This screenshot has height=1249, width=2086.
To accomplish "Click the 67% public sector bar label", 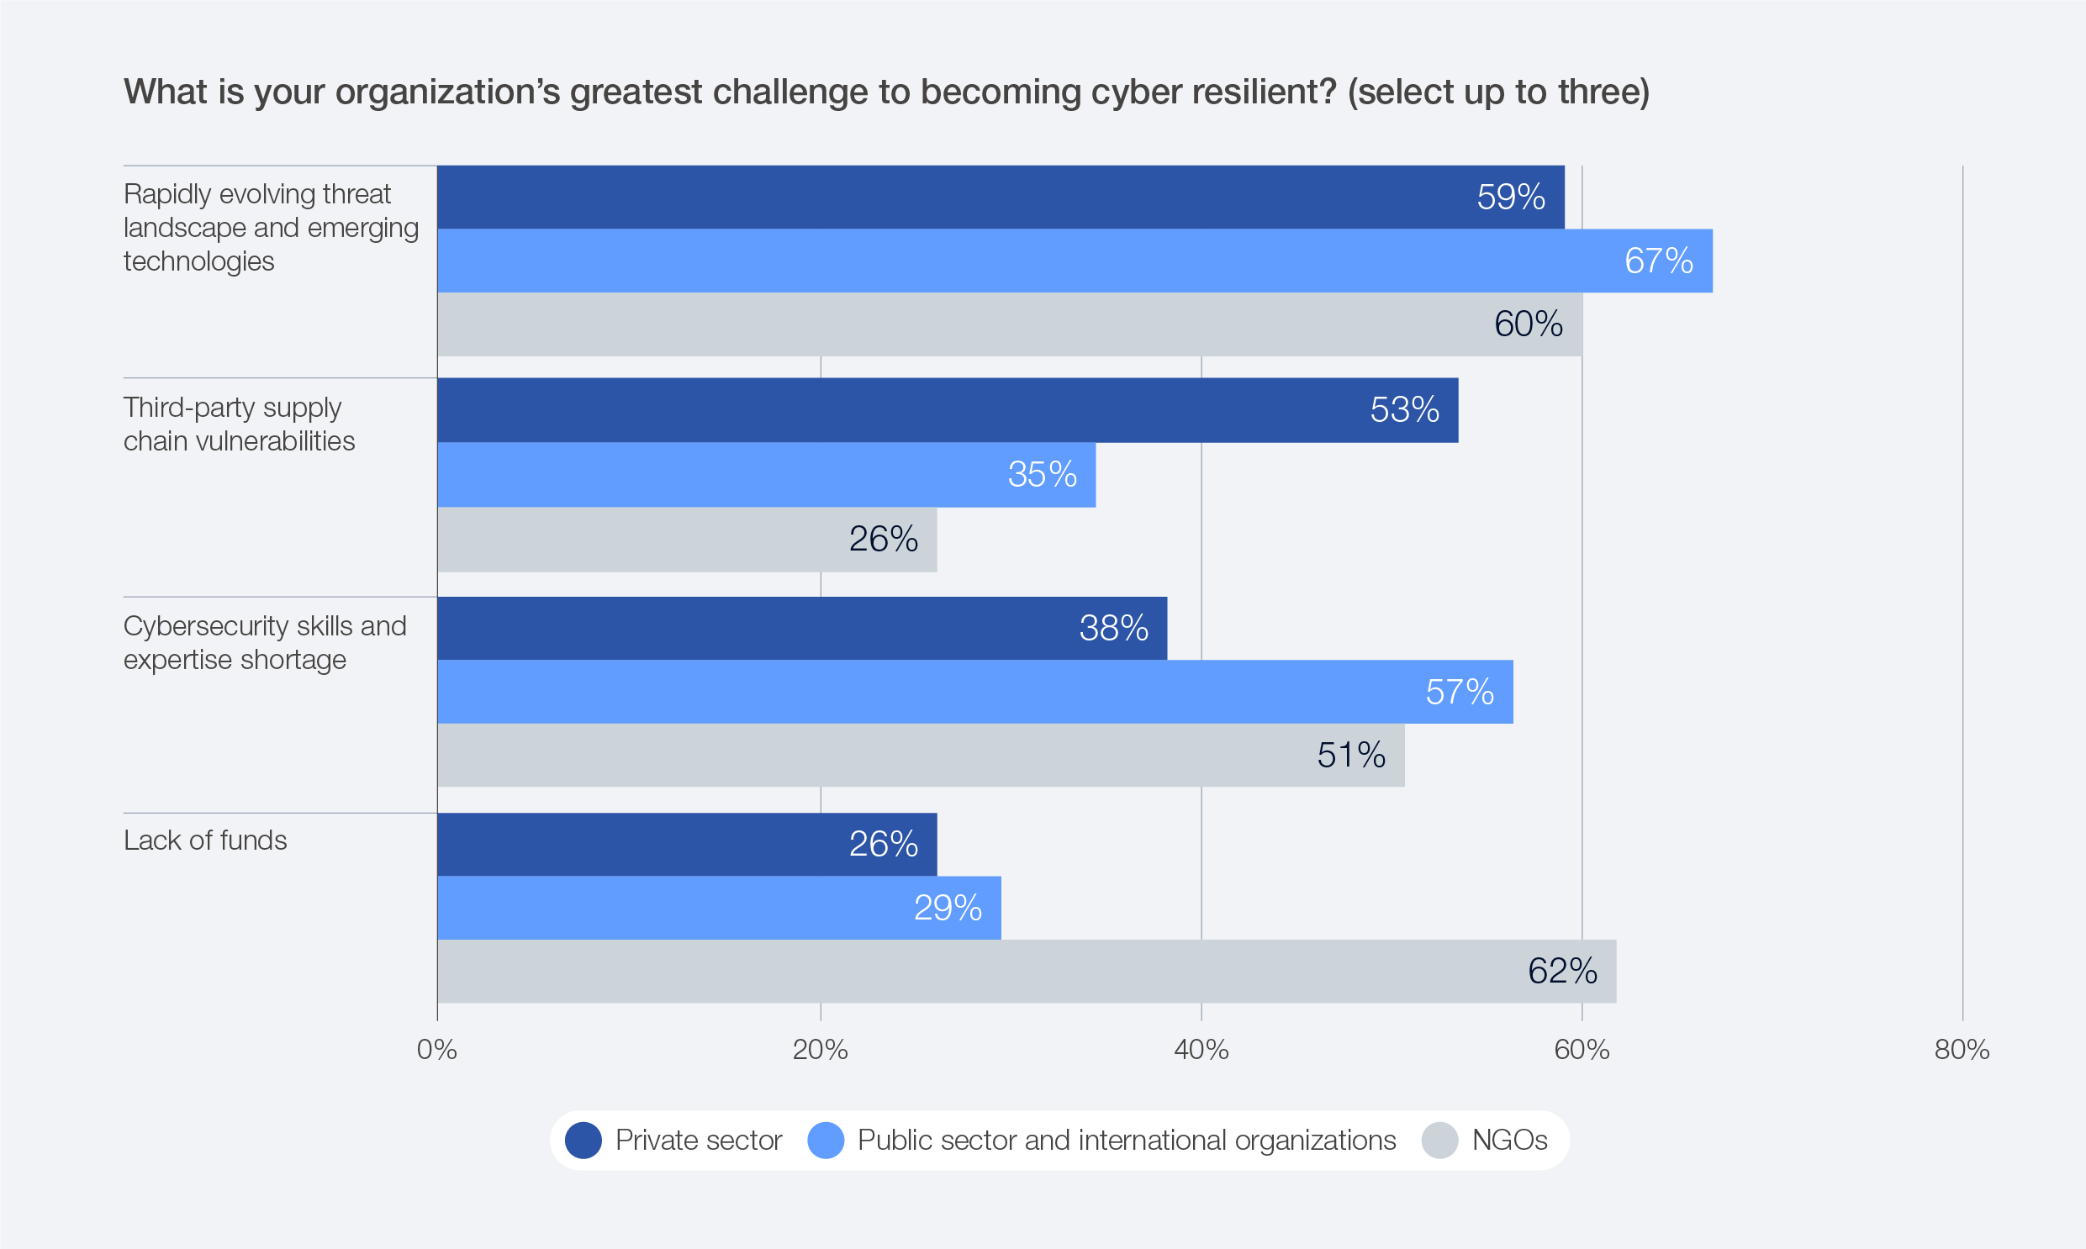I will [x=1657, y=261].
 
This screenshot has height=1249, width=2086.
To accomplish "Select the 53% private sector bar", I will [x=947, y=410].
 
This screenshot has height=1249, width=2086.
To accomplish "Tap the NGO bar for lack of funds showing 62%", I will [x=1026, y=972].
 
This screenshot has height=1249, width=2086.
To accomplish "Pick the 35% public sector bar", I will [x=766, y=475].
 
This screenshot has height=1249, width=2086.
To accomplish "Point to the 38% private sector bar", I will [x=801, y=629].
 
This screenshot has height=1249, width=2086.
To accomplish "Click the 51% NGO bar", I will [x=920, y=755].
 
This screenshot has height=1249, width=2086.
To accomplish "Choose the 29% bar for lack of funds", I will [x=719, y=908].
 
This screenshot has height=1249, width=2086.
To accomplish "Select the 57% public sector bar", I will [x=974, y=692].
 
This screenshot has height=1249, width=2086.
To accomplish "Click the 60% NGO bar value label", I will [x=1528, y=324].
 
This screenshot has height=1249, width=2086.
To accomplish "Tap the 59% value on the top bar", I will [x=1510, y=197].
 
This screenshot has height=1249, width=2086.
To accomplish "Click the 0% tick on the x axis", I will [x=437, y=1050].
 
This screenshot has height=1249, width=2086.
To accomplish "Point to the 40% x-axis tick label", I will [x=1201, y=1050].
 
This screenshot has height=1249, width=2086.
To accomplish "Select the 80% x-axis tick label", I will [x=1962, y=1050].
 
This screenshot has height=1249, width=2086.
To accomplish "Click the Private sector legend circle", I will [x=584, y=1141].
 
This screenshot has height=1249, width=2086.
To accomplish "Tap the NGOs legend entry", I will [x=1508, y=1141].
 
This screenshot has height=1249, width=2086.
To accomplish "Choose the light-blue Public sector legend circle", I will [x=826, y=1141].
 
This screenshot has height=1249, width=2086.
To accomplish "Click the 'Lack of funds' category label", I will [x=205, y=840].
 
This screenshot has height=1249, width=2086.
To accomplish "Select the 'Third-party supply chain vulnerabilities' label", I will [x=239, y=424].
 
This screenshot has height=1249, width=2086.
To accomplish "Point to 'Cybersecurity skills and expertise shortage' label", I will [x=264, y=643].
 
